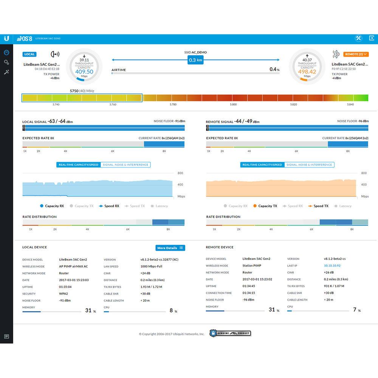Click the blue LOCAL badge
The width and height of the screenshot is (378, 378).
point(29,54)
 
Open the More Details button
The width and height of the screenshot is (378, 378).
point(170,248)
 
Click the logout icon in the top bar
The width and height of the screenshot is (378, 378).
point(372,39)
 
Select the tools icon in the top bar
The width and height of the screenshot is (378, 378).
point(358,39)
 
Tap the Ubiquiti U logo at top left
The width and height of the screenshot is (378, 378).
point(6,39)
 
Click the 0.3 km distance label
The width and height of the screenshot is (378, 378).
point(195,60)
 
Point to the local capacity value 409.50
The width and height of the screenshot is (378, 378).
point(84,71)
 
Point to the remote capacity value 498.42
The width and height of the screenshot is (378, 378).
point(307,71)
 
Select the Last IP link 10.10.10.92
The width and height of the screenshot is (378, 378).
point(332,266)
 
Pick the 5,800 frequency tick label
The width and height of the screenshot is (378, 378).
point(233,104)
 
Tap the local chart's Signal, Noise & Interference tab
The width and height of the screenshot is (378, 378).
point(125,165)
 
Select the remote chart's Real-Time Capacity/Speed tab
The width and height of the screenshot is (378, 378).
point(262,165)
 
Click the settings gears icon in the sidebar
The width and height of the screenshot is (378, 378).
point(6,62)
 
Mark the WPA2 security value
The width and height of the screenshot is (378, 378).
point(64,294)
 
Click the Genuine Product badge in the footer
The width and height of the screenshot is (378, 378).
point(230,333)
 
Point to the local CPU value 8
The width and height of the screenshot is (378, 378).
point(171,310)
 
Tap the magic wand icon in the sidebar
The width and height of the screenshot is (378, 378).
point(6,72)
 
